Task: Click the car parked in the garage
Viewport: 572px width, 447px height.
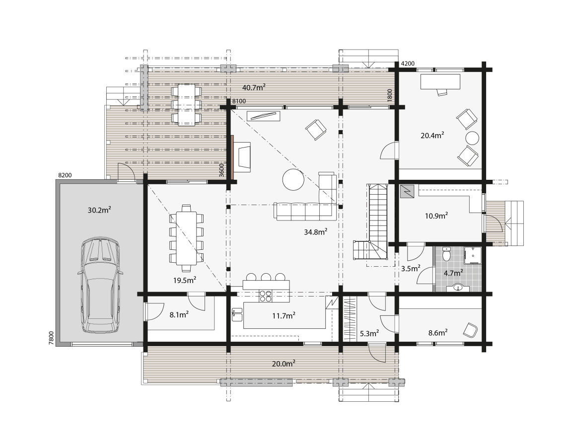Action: pyautogui.click(x=100, y=286)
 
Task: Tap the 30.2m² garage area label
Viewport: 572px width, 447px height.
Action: pyautogui.click(x=99, y=210)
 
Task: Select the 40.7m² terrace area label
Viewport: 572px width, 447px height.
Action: pyautogui.click(x=253, y=87)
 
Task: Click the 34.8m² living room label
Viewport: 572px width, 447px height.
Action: pyautogui.click(x=315, y=232)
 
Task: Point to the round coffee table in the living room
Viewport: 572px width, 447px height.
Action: pyautogui.click(x=293, y=179)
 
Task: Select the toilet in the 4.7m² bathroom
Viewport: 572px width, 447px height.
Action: pyautogui.click(x=446, y=254)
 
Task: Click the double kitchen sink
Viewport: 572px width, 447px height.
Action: pyautogui.click(x=236, y=314)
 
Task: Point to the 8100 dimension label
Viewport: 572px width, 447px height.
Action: pyautogui.click(x=239, y=101)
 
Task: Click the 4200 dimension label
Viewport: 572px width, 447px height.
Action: pyautogui.click(x=407, y=64)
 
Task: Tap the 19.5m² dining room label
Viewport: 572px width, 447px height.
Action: pyautogui.click(x=184, y=280)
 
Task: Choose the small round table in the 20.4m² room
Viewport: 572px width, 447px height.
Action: pyautogui.click(x=472, y=138)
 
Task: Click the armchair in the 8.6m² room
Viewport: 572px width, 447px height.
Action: pyautogui.click(x=470, y=329)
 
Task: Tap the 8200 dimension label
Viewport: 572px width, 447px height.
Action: pyautogui.click(x=65, y=175)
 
